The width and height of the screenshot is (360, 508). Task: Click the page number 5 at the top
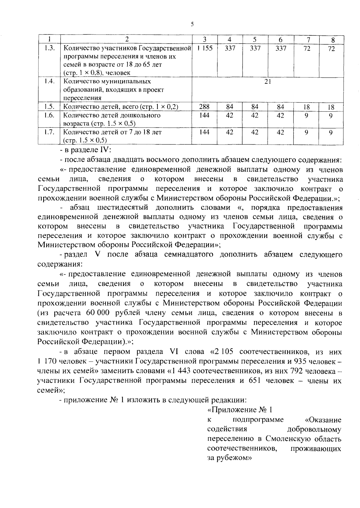192,25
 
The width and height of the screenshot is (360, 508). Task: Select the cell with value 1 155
205,48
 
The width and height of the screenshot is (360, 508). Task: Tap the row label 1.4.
49,82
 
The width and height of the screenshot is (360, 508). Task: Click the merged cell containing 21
268,82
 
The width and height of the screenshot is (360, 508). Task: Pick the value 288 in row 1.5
204,107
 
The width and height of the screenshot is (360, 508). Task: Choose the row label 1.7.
49,132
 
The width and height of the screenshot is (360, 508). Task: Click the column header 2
127,39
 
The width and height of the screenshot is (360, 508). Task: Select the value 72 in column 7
306,48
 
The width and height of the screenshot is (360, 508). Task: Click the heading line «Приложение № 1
239,410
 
